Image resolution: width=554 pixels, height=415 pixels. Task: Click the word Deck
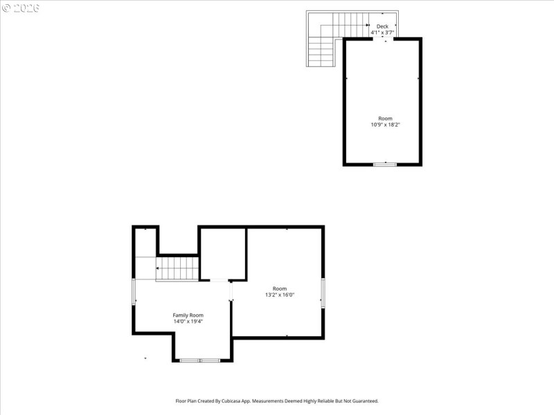tap(382, 26)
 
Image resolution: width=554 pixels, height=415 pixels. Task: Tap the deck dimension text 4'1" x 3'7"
tap(382, 33)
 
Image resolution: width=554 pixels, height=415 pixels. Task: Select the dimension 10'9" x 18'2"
tap(385, 124)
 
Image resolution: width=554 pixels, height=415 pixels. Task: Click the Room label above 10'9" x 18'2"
tap(385, 118)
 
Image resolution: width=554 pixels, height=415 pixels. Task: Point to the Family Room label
tap(188, 315)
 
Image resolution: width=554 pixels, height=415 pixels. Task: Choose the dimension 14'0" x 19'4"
tap(188, 321)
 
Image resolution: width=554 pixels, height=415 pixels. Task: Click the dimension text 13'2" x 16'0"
tap(279, 295)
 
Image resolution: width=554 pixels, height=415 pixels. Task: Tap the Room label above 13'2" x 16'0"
tap(279, 288)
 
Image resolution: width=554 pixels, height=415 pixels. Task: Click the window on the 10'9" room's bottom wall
tap(385, 164)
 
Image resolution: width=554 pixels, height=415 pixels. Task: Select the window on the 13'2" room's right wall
tap(323, 293)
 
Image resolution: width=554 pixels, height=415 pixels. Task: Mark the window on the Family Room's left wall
tap(134, 291)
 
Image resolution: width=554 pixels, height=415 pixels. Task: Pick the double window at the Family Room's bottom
tap(199, 360)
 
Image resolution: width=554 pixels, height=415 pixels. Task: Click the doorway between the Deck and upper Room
tap(383, 39)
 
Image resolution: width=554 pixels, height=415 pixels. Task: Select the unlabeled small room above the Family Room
tap(223, 253)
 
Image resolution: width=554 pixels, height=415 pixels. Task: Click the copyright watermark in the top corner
tap(21, 8)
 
